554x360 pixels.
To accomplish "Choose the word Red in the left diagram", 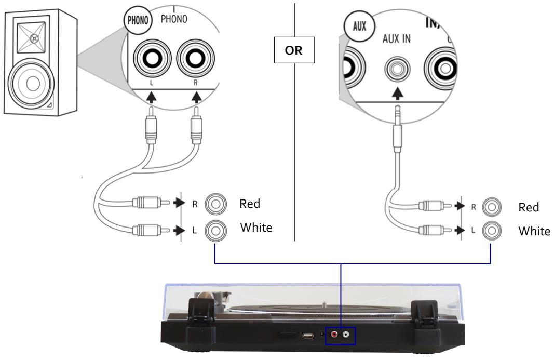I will click(x=249, y=204).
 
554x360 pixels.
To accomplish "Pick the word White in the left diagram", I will click(x=256, y=228).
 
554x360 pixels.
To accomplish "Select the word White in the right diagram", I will click(x=534, y=231).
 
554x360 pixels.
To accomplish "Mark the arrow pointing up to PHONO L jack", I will click(x=151, y=97).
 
